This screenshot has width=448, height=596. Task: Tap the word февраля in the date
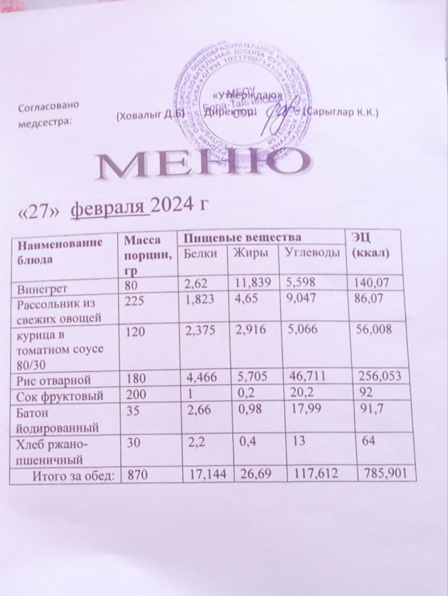(x=110, y=208)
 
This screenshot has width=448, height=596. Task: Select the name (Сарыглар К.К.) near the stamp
(x=344, y=112)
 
